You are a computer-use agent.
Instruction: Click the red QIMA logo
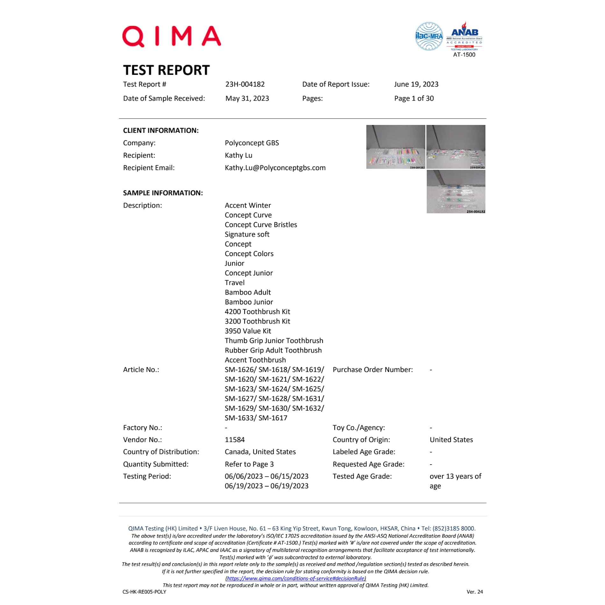point(171,36)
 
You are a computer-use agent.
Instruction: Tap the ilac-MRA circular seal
point(429,36)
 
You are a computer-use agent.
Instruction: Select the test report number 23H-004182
point(245,84)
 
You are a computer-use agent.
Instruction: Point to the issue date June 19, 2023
point(416,84)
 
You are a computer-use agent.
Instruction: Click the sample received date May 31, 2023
point(247,98)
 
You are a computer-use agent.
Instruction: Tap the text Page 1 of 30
point(414,98)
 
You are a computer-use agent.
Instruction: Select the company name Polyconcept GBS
point(252,143)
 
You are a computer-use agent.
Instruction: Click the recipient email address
point(275,168)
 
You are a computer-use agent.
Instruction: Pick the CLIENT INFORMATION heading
point(161,131)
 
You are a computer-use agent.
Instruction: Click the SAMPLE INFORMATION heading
point(163,193)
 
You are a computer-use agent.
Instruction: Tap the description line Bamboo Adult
point(248,292)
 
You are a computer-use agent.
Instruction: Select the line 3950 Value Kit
point(248,331)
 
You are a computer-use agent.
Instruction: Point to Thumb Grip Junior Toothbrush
point(274,341)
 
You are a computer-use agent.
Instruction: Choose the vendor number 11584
point(235,440)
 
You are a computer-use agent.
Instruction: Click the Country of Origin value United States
point(451,440)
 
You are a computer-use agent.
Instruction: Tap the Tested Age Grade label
point(362,476)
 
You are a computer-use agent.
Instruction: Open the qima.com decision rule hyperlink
point(295,578)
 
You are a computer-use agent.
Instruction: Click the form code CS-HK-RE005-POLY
point(144,592)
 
